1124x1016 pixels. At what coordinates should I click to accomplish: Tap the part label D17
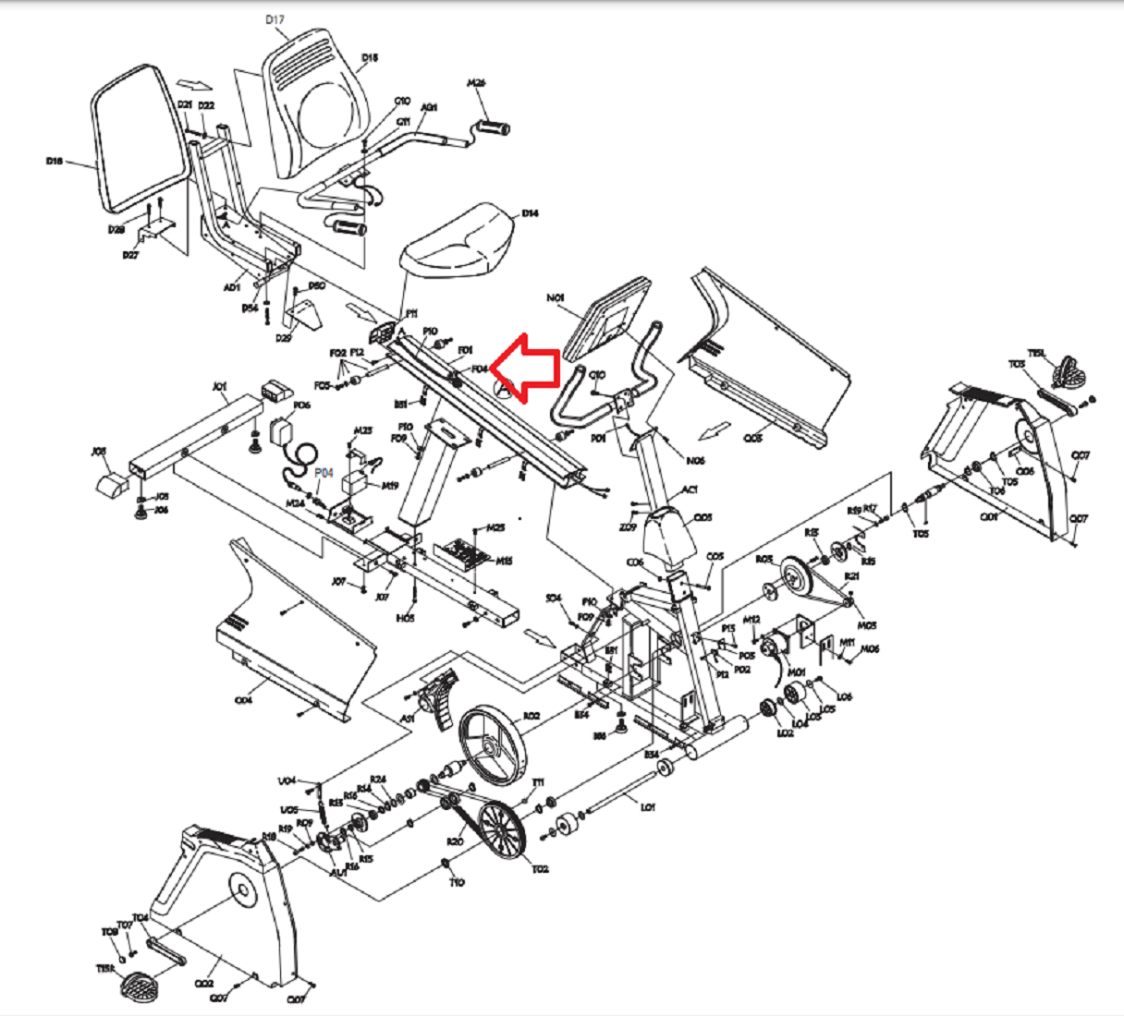pos(275,19)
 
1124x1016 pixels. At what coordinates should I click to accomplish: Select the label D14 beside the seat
pos(530,213)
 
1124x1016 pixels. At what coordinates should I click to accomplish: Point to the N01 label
pos(555,298)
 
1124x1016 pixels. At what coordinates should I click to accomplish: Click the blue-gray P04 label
pos(324,473)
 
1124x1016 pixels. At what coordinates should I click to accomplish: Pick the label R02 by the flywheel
pos(531,716)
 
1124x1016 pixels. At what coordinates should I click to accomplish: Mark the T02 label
pos(540,868)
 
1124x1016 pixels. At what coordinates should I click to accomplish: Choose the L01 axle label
pos(648,806)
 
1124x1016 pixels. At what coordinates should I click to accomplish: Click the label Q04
pos(243,700)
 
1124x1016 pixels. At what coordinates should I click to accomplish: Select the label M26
pos(476,83)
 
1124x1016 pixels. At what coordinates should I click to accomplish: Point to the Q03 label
pos(753,438)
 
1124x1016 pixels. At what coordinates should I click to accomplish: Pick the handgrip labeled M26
pos(493,127)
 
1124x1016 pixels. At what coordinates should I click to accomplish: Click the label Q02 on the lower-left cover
pos(204,985)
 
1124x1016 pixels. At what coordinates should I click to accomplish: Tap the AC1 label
pos(690,490)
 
